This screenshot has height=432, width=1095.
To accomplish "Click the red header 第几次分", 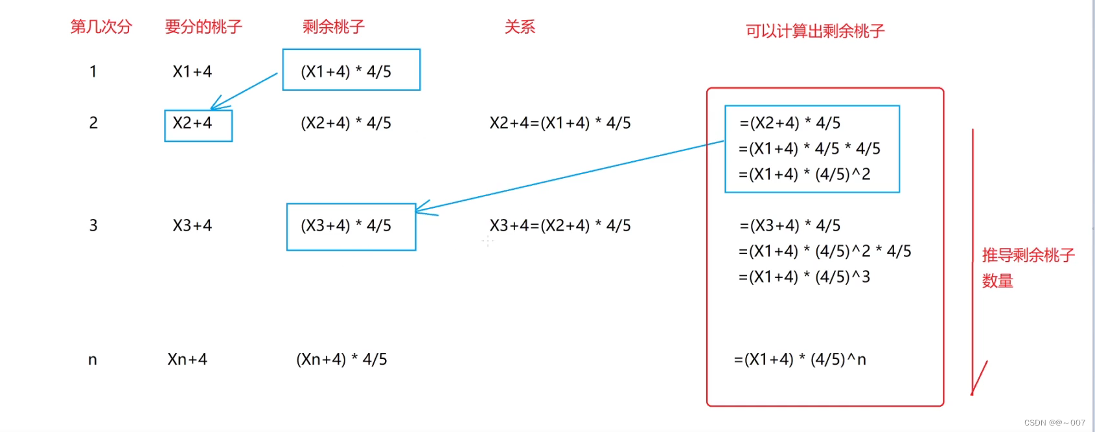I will (101, 27).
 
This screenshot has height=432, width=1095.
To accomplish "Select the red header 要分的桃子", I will (203, 27).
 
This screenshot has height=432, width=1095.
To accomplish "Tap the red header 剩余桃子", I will (334, 27).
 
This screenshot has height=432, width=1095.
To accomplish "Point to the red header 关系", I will (520, 27).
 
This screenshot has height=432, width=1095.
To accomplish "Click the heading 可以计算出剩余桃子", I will (815, 31).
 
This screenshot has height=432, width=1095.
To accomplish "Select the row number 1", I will (93, 71).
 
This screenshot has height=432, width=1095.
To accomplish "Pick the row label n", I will (93, 359).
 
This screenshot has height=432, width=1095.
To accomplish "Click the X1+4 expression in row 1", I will (192, 71).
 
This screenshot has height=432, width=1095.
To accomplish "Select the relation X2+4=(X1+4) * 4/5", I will (560, 123).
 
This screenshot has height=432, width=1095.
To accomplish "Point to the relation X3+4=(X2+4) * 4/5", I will (560, 225).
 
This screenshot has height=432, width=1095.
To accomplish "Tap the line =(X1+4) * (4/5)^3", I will (805, 277).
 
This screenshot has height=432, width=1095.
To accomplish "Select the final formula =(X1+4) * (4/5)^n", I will (800, 359).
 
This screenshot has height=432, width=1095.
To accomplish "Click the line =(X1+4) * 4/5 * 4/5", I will (810, 148).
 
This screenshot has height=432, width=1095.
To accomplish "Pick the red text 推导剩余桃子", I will (1028, 255).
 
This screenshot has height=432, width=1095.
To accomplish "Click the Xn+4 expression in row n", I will (187, 359).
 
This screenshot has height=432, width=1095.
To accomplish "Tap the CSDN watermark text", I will (1054, 423).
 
